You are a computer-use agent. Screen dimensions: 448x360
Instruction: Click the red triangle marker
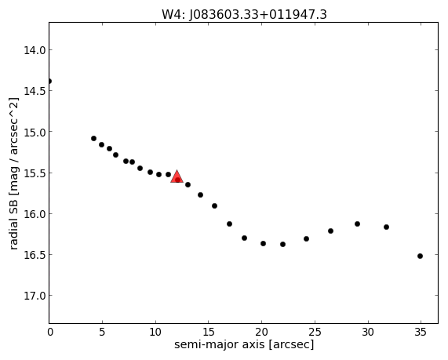[177, 177]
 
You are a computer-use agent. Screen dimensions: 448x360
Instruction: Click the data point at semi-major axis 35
[420, 256]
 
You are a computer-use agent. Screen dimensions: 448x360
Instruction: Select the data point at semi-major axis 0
[49, 81]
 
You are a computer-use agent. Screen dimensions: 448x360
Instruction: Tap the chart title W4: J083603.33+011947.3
[244, 14]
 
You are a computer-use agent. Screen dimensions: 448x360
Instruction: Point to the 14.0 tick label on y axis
[35, 50]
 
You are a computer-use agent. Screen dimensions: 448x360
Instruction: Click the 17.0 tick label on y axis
[35, 296]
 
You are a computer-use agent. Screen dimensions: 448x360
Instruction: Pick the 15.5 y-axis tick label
[35, 173]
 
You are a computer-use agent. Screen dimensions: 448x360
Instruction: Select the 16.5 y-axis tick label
[35, 255]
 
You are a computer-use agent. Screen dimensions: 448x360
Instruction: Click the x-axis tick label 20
[261, 332]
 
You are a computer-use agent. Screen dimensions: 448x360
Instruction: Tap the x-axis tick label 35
[421, 332]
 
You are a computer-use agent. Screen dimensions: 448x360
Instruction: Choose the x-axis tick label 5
[102, 332]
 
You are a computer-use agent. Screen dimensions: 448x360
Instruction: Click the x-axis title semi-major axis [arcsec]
[244, 345]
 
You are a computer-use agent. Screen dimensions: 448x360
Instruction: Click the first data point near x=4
[93, 139]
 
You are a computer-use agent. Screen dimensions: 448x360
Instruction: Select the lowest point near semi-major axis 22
[283, 244]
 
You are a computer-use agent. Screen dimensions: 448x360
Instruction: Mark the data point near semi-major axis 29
[358, 224]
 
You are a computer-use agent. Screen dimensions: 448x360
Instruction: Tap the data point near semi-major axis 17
[229, 224]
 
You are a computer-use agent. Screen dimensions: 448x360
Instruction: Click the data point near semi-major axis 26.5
[330, 231]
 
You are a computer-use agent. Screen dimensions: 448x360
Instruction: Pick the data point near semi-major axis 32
[386, 227]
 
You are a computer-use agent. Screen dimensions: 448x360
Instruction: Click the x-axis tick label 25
[315, 332]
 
